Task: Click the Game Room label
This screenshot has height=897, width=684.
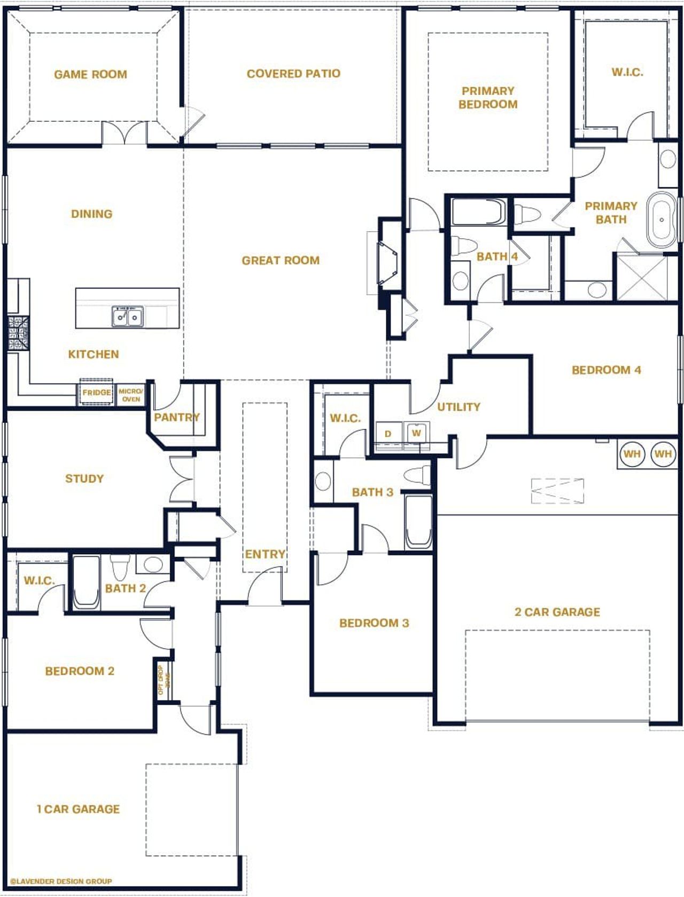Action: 90,74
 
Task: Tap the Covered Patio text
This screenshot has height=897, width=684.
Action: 293,74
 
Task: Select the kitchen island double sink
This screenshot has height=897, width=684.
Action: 127,317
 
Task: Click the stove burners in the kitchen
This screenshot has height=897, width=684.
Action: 18,333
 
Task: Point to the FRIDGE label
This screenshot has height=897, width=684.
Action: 96,392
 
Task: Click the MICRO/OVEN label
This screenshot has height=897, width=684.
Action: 131,395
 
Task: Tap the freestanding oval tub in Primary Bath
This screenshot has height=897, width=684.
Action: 662,219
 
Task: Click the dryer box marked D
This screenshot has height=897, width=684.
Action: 388,434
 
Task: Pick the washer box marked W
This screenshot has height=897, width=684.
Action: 416,432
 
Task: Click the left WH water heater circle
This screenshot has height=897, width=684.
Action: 632,454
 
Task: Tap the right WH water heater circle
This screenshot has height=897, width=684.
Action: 663,454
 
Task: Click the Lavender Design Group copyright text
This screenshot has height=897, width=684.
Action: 61,881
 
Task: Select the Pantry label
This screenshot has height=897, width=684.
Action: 177,417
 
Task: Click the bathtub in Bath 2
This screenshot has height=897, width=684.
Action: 86,583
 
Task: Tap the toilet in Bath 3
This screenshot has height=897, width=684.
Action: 418,474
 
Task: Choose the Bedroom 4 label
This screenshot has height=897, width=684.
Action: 606,370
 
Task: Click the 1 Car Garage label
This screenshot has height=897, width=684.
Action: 78,809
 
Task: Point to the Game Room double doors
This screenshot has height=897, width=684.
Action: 124,133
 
